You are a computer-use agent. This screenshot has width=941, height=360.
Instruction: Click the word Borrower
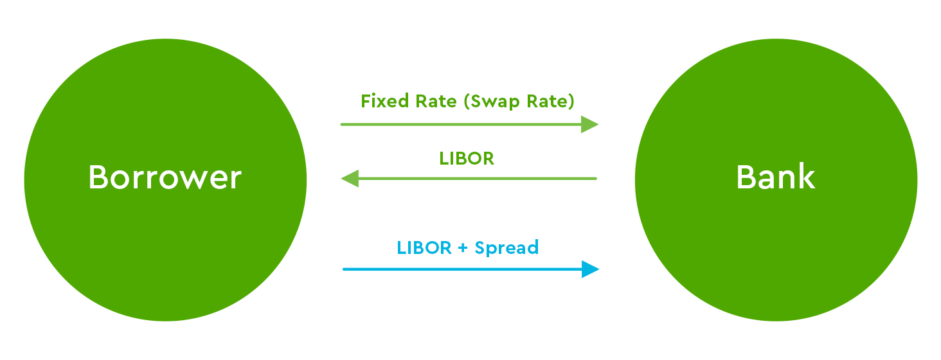click(x=165, y=177)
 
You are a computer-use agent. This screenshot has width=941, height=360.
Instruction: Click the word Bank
click(x=776, y=177)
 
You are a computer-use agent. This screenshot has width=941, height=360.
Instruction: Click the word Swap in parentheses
click(x=492, y=102)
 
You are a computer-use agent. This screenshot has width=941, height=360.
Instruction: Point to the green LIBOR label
click(x=467, y=158)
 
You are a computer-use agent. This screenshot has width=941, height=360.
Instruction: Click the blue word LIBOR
click(x=424, y=248)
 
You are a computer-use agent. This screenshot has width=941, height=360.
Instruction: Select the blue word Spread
click(x=506, y=248)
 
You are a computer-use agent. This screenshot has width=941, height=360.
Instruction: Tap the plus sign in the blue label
click(x=463, y=248)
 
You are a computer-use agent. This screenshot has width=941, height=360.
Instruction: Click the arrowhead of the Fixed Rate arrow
click(x=589, y=124)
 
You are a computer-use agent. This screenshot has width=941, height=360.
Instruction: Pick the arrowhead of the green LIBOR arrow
click(x=350, y=179)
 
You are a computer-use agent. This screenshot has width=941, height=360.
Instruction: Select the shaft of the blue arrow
click(x=463, y=269)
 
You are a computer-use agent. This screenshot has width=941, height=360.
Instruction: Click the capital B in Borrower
click(x=96, y=177)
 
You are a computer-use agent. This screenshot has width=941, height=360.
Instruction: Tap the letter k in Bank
click(x=807, y=177)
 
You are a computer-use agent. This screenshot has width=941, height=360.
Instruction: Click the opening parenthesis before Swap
click(x=467, y=102)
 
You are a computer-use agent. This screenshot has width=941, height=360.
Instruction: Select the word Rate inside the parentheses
click(x=548, y=102)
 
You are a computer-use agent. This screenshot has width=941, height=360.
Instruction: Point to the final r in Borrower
click(x=236, y=180)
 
